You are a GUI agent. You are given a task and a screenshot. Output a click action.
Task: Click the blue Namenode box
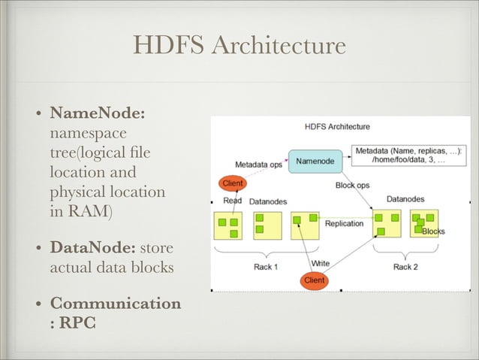[315, 161]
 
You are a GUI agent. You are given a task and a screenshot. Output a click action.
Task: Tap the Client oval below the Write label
[314, 280]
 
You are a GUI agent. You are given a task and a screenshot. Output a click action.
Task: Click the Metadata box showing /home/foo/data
[409, 156]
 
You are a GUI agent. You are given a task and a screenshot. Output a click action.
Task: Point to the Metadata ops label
[258, 165]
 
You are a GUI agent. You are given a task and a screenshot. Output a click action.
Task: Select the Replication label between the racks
[344, 223]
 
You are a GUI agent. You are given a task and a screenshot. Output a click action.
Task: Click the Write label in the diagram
[321, 263]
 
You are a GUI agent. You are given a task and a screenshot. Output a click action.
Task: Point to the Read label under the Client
[233, 201]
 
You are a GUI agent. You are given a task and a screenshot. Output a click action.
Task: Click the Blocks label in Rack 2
[433, 231]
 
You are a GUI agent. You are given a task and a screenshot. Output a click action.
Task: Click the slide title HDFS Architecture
[239, 46]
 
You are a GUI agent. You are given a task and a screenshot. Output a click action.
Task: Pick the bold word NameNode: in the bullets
[97, 113]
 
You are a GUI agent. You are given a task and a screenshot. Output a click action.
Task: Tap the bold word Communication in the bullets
[115, 304]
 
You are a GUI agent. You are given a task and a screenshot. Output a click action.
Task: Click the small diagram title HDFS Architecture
[337, 126]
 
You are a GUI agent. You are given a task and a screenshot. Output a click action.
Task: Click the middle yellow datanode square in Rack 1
[267, 225]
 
